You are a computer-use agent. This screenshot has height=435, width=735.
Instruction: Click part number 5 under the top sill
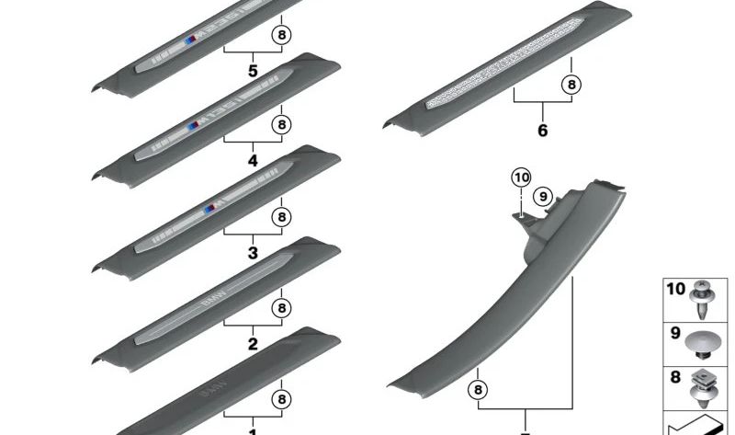click(253, 70)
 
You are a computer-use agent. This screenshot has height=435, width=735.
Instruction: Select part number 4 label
click(253, 161)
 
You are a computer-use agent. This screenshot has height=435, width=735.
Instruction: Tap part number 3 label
click(253, 253)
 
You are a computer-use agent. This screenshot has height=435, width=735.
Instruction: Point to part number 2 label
click(253, 344)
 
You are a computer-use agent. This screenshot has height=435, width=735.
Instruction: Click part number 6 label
click(542, 132)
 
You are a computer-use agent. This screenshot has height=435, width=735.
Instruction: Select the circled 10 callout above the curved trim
click(521, 177)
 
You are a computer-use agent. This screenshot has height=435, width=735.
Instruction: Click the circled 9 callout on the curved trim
click(542, 195)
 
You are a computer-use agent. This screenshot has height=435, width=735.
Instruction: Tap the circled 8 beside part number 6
click(571, 85)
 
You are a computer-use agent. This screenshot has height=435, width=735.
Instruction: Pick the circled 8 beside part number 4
click(281, 124)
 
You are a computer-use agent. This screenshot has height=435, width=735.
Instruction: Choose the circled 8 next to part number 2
click(281, 307)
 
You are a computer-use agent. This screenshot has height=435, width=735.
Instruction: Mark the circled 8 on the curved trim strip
click(478, 390)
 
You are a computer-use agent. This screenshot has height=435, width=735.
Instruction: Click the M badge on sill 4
click(194, 126)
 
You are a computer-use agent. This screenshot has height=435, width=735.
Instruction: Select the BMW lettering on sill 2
click(212, 300)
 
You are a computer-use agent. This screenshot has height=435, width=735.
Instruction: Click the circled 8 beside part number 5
click(281, 33)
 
